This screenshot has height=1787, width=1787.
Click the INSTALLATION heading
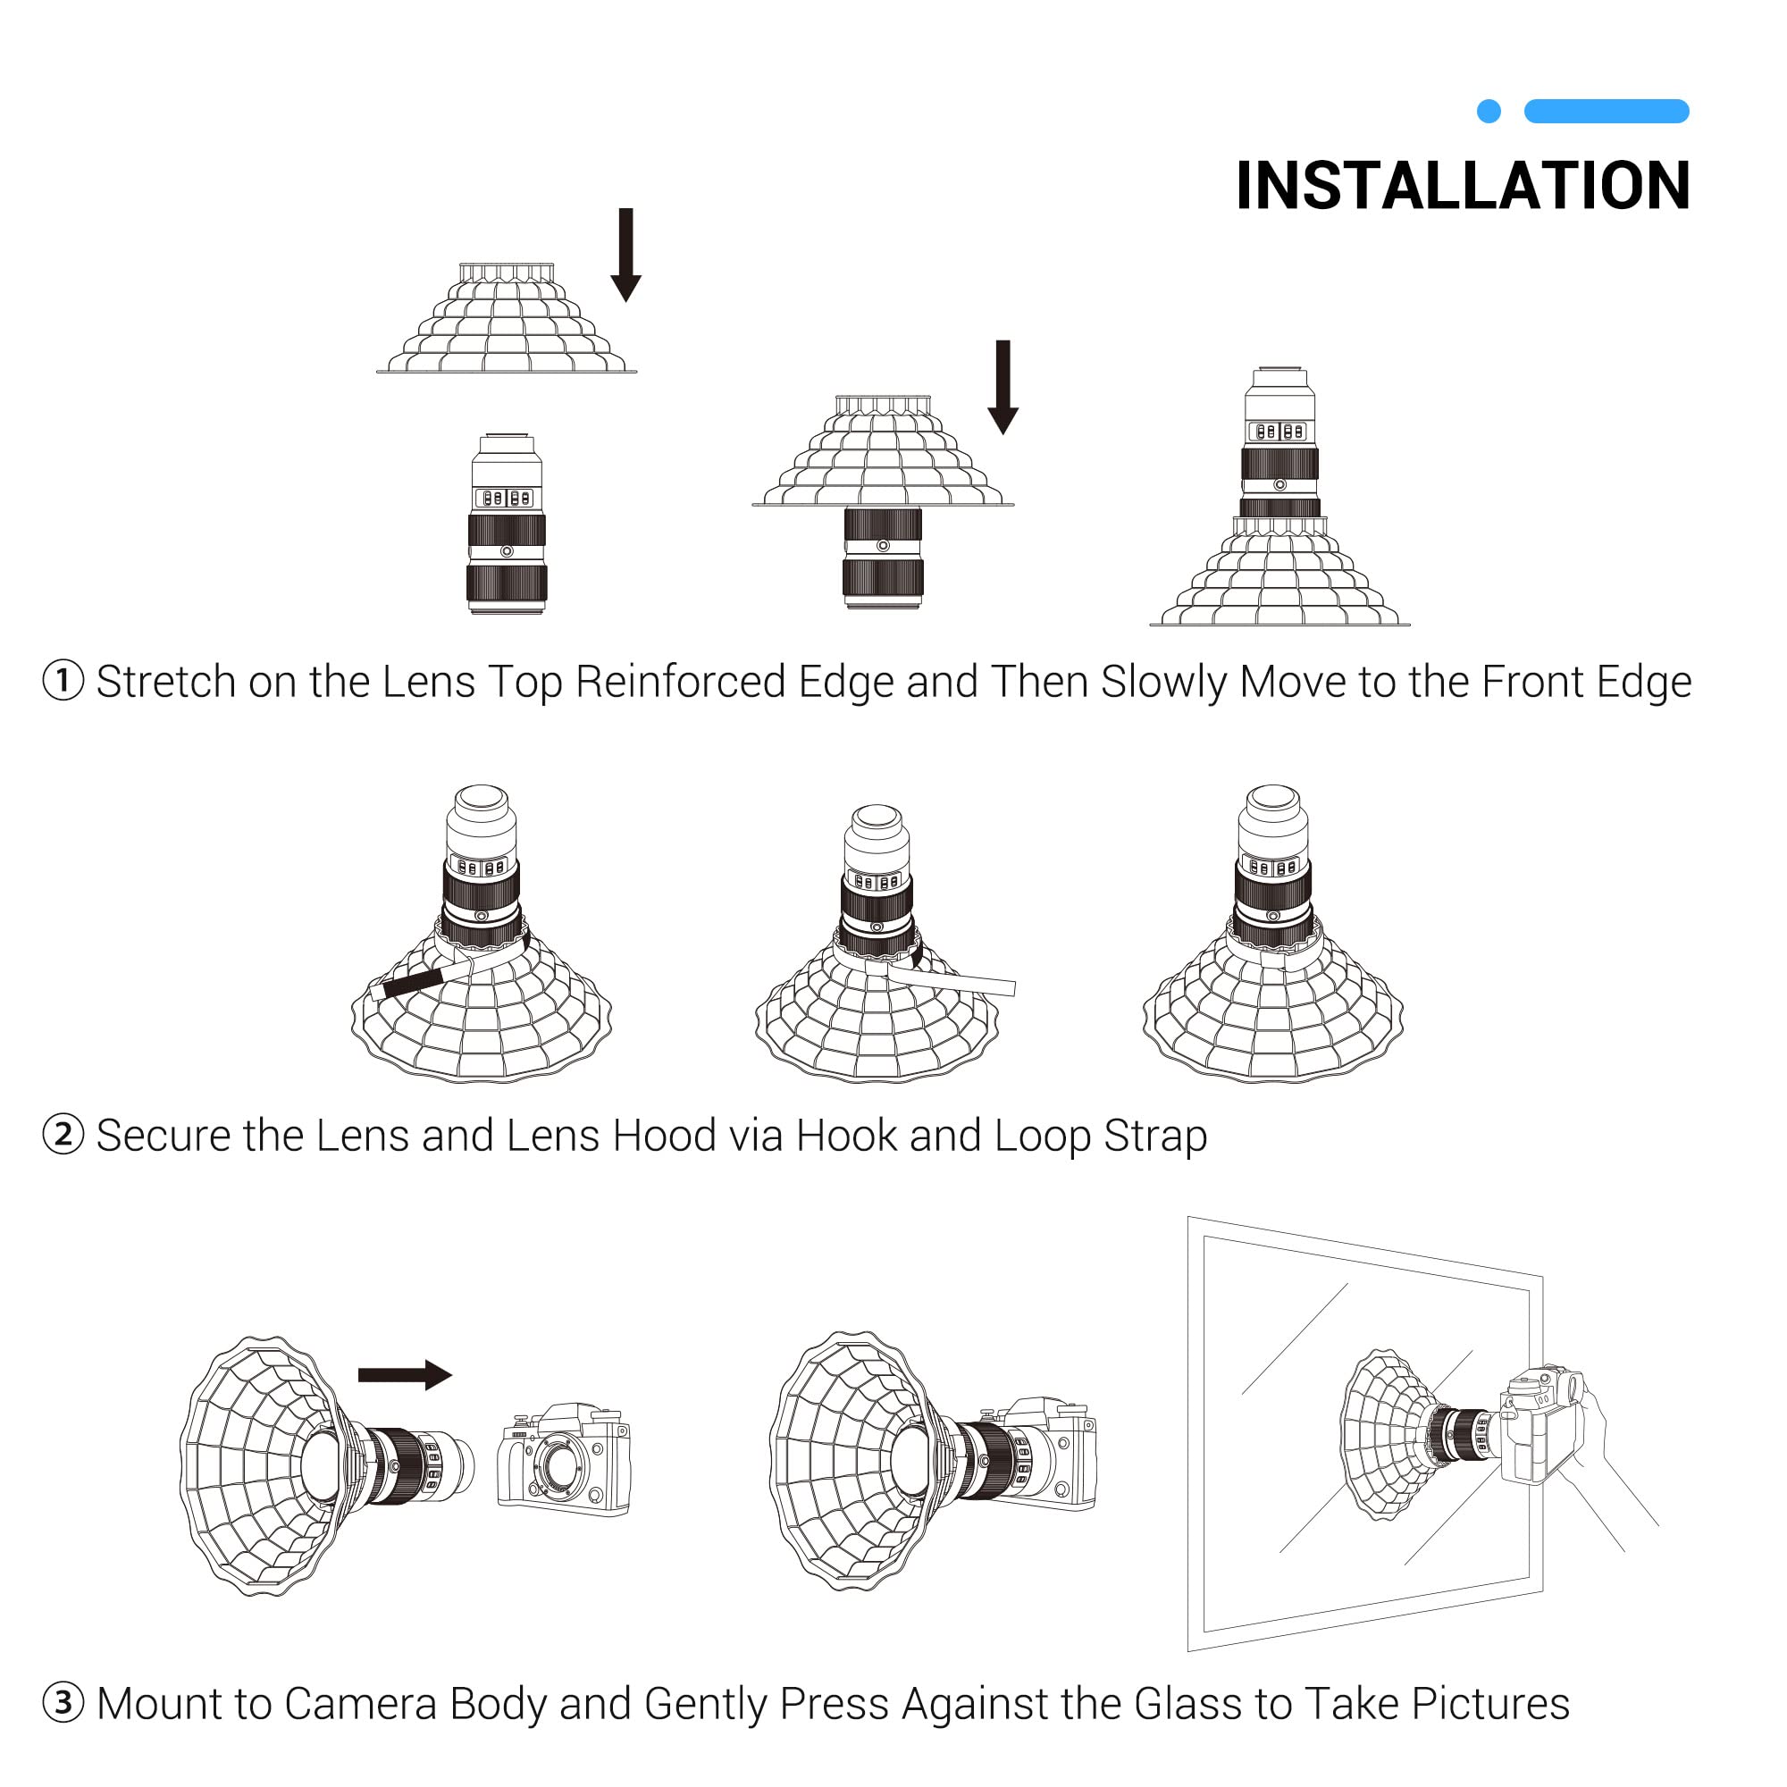1463,185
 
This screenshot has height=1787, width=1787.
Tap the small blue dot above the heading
1489,111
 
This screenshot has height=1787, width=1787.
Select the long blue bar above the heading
1607,111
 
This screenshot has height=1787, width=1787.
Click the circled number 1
63,681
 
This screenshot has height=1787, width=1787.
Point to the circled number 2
63,1135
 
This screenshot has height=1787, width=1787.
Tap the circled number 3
63,1703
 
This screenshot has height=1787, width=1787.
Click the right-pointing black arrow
405,1374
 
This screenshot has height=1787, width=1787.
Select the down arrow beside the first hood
626,255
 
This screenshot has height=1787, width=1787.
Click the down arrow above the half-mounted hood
1003,387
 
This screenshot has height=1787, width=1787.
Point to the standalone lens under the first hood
507,524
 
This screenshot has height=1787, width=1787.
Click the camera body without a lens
564,1460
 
